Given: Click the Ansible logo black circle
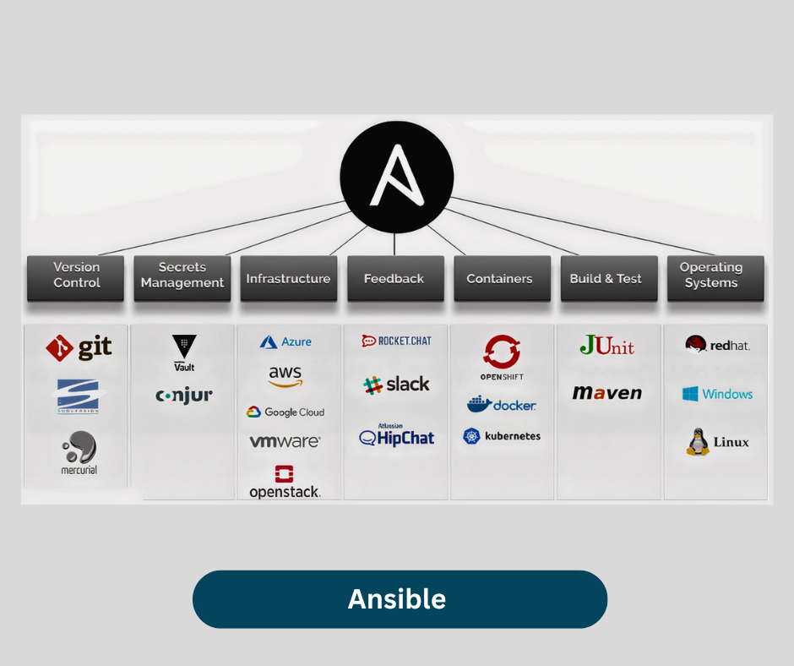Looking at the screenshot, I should click(396, 176).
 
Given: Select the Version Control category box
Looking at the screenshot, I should click(76, 277).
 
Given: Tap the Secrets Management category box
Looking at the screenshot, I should click(182, 277).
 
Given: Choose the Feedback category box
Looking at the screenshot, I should click(394, 278).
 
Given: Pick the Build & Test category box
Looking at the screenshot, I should click(606, 278).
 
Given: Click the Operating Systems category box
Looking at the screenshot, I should click(711, 277).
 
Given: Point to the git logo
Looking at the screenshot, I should click(79, 347).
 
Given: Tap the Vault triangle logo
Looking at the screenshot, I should click(184, 348).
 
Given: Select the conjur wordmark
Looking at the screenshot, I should click(184, 396).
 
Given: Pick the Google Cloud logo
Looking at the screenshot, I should click(286, 412).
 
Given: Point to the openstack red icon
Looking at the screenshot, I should click(285, 474).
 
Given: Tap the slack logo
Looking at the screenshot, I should click(396, 385).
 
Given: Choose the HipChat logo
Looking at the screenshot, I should click(397, 437).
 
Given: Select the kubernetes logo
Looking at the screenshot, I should click(502, 436).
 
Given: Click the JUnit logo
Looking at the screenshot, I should click(606, 346).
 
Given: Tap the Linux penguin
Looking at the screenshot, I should click(698, 442).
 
